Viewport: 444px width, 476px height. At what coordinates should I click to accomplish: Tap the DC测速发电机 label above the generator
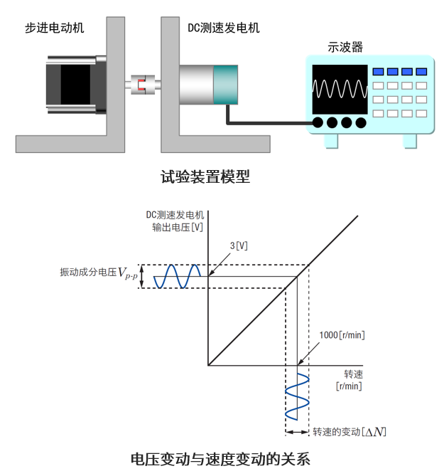223,28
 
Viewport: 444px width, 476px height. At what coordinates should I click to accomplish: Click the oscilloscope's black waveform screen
340,90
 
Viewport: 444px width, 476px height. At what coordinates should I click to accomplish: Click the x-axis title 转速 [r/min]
349,380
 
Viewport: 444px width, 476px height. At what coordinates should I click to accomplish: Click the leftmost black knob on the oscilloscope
318,122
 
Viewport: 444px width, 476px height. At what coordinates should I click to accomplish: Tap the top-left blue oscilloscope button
379,72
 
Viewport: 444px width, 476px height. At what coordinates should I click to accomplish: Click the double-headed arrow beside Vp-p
142,277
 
